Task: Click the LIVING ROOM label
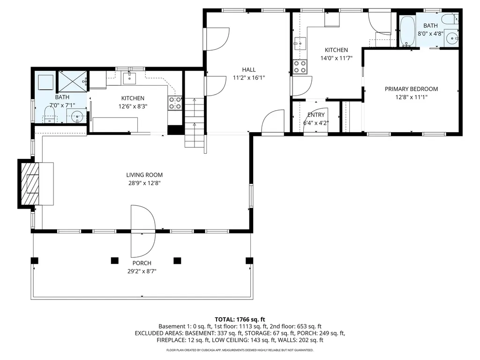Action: tap(144, 175)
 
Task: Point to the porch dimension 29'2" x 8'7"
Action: tap(141, 271)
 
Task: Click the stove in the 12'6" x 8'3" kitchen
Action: tap(175, 103)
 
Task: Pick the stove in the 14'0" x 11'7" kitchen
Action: tap(300, 67)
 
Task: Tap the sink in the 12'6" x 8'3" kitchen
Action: tap(129, 78)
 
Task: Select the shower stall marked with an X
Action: tap(72, 81)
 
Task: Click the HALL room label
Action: tap(249, 70)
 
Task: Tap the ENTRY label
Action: tap(315, 115)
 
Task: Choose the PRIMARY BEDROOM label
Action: tap(411, 89)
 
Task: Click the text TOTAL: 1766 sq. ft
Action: tap(240, 318)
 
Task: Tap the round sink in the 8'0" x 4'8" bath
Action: tap(451, 38)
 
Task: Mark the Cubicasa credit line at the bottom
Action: tap(240, 350)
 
